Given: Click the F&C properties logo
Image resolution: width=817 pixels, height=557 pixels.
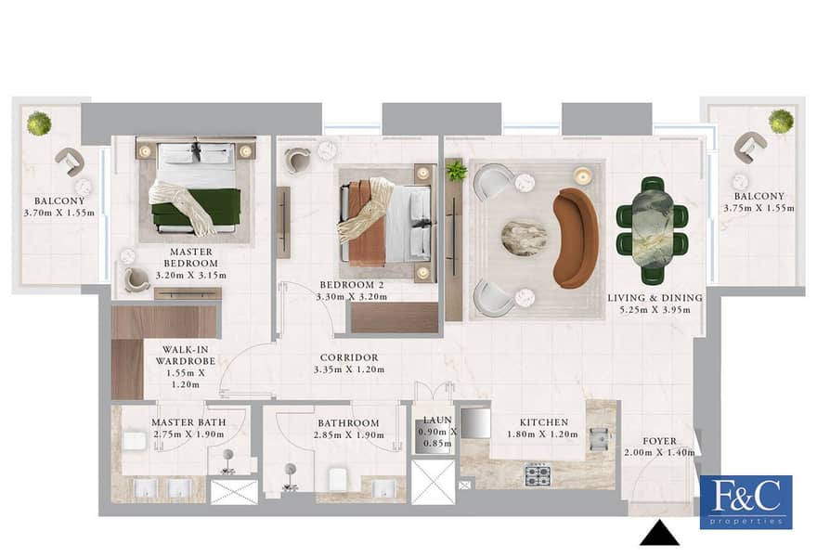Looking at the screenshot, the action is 746,502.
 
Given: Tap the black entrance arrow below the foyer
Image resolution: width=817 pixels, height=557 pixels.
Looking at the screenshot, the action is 659,533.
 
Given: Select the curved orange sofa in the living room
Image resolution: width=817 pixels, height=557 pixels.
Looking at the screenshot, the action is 577,238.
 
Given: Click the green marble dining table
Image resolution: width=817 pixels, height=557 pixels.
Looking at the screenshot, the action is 652,230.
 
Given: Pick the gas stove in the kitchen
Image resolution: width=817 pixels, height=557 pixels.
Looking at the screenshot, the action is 538,475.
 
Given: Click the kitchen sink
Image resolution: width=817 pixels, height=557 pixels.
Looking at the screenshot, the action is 599,440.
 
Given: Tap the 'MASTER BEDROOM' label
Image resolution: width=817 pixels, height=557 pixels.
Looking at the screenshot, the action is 191,257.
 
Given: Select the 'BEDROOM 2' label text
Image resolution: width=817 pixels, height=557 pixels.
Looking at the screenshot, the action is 352,285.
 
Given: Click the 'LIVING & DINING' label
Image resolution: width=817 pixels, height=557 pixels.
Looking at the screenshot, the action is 655,298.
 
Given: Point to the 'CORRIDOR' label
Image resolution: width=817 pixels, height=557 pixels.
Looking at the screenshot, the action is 349,357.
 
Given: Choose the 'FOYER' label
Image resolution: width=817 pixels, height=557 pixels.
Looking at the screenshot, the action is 660,441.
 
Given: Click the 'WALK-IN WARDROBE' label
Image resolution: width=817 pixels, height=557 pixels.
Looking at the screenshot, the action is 186,356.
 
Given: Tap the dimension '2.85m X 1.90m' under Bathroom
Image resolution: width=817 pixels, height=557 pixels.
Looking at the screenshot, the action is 349,435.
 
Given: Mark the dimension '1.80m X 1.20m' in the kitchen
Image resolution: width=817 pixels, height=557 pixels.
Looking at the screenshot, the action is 542,434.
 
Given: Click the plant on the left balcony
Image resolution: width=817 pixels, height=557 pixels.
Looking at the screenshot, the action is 39,123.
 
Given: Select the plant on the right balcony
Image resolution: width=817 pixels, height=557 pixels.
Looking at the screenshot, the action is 781,122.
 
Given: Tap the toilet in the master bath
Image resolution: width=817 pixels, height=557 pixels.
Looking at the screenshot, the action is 135,441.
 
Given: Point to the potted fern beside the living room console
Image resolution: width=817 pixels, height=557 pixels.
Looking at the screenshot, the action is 456,171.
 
